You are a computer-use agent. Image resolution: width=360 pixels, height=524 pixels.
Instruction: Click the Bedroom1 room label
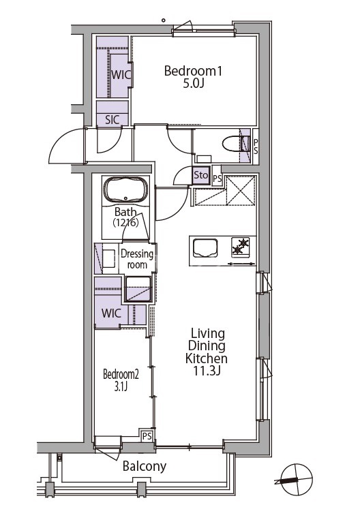(193, 71)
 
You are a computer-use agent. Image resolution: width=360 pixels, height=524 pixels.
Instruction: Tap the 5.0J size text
(193, 83)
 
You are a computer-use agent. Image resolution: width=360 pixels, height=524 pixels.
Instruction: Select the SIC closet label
(112, 120)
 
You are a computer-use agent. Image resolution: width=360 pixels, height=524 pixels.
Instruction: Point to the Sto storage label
(201, 174)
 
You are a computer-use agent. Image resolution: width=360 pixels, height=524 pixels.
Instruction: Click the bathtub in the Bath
(125, 189)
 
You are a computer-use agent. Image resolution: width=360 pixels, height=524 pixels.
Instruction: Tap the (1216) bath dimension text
(125, 222)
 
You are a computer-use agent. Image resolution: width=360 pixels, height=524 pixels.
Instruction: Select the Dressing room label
(137, 259)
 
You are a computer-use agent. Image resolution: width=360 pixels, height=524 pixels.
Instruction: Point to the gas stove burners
(241, 246)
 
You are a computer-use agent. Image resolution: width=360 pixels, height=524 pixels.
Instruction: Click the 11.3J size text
(207, 371)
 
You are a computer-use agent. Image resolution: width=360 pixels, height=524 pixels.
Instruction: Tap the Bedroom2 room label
(121, 374)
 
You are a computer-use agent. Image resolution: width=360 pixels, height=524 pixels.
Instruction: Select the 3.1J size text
(121, 386)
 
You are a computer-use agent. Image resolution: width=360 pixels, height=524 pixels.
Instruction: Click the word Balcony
(145, 466)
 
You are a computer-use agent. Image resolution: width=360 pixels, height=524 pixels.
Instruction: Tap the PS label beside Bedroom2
(147, 436)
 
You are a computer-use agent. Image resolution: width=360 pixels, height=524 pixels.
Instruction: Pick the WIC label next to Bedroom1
(121, 74)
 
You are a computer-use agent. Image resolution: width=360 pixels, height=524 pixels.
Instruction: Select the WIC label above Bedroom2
(111, 313)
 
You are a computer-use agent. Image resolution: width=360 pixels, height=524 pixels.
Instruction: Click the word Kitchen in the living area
(207, 358)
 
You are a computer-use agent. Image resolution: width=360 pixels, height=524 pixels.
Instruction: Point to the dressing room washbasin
(108, 258)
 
